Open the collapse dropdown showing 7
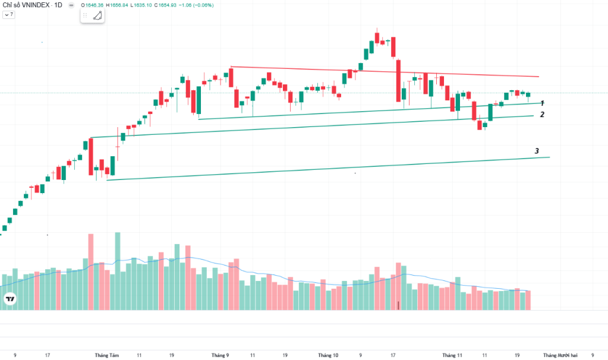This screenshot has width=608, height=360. [8, 14]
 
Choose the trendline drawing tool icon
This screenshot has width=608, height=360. [97, 15]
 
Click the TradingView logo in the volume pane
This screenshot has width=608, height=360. [9, 299]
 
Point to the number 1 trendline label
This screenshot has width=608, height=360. [542, 103]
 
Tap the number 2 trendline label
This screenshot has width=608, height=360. [542, 115]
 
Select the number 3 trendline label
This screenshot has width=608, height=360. [537, 151]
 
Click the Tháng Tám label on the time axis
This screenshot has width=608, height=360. [107, 355]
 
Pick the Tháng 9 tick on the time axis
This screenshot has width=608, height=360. [220, 355]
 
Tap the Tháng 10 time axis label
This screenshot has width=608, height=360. [328, 355]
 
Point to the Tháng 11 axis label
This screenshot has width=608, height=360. [452, 355]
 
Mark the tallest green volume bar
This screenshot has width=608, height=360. [118, 270]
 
